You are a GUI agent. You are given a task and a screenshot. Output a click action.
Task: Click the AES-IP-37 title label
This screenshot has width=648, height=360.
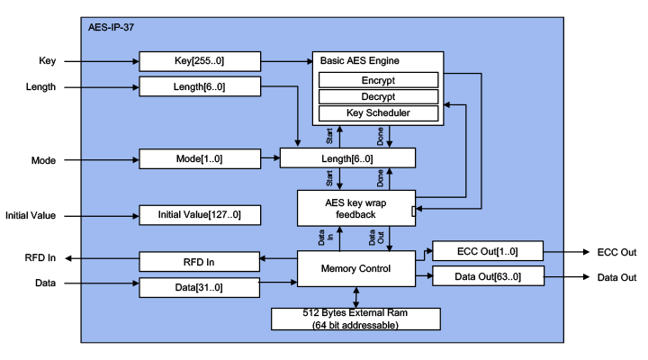tap(112, 28)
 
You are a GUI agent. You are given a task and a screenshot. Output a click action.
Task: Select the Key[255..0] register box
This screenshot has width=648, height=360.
tap(200, 60)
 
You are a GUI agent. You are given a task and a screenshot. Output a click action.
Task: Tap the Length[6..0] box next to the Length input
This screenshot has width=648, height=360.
tap(200, 86)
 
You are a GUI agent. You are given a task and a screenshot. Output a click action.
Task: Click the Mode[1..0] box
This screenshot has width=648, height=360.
tap(200, 159)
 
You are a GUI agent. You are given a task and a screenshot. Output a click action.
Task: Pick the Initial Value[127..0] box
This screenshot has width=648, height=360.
tap(200, 215)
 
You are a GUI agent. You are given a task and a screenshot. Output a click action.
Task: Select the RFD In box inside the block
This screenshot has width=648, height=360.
tap(200, 261)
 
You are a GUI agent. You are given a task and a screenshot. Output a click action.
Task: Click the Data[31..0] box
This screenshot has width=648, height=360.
tap(200, 287)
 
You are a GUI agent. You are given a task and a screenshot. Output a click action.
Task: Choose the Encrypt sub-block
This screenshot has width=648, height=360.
tap(378, 80)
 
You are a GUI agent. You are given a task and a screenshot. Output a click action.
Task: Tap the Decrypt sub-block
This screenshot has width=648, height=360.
tap(378, 96)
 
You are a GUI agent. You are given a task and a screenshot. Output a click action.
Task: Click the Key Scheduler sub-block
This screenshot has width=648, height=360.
tap(378, 113)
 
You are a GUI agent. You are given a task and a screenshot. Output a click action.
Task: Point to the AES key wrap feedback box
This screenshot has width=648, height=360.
tap(355, 208)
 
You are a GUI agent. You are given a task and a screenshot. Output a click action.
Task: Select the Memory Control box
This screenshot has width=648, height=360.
tap(355, 268)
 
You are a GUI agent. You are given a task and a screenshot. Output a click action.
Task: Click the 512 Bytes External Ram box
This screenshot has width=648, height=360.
tap(355, 318)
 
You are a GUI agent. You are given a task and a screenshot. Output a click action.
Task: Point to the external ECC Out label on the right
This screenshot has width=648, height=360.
tap(616, 252)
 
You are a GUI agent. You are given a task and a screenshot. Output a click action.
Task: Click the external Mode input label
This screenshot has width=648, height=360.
tap(44, 160)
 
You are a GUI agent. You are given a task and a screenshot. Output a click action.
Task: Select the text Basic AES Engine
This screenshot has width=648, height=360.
tap(360, 60)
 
